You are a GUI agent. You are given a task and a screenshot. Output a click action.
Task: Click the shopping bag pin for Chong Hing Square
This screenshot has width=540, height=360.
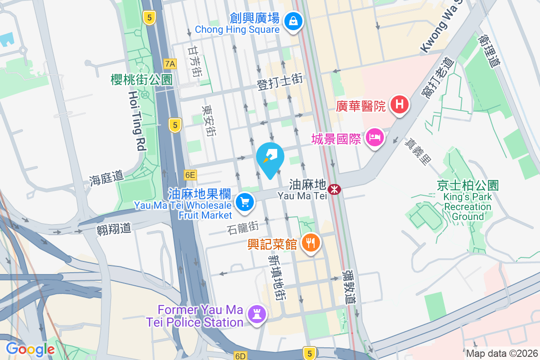tap(293, 20)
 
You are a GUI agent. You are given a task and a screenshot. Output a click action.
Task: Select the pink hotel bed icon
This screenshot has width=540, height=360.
tap(374, 137)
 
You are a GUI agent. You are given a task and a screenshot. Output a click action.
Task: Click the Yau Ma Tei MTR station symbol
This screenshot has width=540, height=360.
tap(334, 190)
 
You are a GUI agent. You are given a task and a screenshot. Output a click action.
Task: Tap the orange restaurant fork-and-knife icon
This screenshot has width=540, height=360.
tap(310, 243)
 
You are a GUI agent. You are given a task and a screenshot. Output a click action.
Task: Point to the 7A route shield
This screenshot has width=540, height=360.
tap(169, 63)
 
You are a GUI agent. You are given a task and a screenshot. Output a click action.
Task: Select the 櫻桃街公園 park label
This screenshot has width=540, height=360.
tap(142, 80)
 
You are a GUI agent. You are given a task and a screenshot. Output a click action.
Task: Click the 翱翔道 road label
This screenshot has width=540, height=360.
tap(114, 229)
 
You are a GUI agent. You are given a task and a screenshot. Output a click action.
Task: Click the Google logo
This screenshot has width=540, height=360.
tap(30, 349)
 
